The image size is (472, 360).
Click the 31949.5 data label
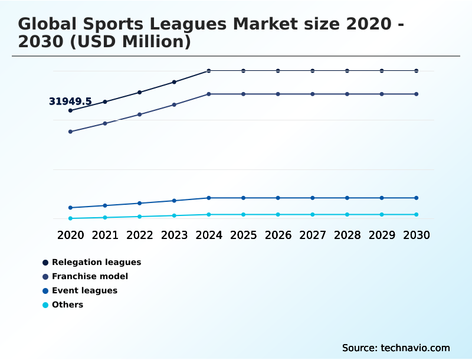click(x=70, y=102)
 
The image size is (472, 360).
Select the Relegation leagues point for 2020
click(x=70, y=110)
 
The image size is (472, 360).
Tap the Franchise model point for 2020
click(x=70, y=132)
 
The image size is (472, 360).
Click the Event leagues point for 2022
click(x=139, y=203)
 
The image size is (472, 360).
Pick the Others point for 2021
click(x=105, y=217)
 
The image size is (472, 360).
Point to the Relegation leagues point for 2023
click(x=174, y=82)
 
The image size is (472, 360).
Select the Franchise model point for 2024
click(x=209, y=94)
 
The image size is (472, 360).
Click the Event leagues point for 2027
click(x=313, y=198)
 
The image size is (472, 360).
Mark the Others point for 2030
click(x=417, y=214)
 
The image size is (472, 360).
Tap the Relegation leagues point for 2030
click(x=417, y=71)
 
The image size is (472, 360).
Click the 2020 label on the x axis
click(x=70, y=235)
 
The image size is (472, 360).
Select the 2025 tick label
click(x=243, y=235)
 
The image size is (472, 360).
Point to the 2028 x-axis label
click(x=347, y=235)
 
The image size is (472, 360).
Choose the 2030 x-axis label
click(x=417, y=235)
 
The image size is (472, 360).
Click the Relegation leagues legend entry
click(x=96, y=262)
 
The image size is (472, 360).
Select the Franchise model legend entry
click(x=90, y=276)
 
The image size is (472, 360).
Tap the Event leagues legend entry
click(x=84, y=290)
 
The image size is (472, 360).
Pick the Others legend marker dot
click(x=45, y=305)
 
